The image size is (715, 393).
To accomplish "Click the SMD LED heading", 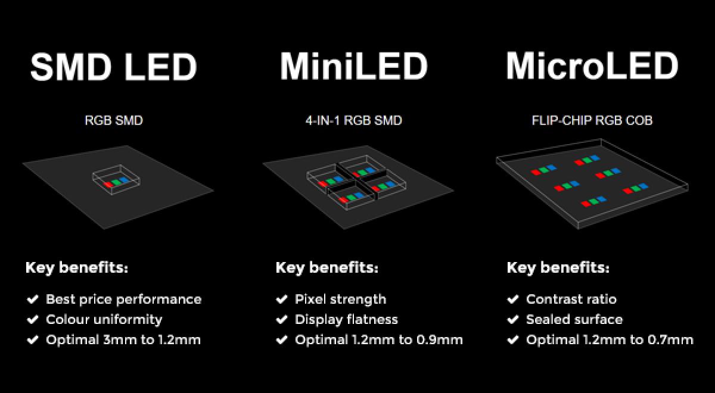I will point(113,67).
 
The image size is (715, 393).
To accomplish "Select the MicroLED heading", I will point(592,65).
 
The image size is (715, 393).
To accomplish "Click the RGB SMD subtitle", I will point(113,121).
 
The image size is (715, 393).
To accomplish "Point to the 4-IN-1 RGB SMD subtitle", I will point(354,121).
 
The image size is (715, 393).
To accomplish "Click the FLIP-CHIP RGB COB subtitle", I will point(592,121).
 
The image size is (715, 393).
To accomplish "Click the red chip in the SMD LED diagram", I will point(108,185).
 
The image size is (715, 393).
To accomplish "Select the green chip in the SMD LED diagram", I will point(116,182).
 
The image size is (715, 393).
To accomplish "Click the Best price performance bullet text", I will point(123,299).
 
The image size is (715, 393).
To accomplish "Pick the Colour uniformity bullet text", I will point(104,320).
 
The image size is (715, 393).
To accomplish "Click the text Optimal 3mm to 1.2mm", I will point(123,340).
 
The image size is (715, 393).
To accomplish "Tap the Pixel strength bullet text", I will point(340,299).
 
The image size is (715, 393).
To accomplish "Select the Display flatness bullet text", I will point(346,320).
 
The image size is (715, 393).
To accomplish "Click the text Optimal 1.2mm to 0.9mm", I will point(378,340).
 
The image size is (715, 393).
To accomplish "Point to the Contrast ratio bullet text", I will point(571,299).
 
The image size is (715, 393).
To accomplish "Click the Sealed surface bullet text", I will point(574,320).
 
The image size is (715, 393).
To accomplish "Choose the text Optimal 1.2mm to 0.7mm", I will point(610,340).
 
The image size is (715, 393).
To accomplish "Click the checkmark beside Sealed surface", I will point(512,320).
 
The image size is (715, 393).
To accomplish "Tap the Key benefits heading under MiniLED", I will point(327,267).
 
